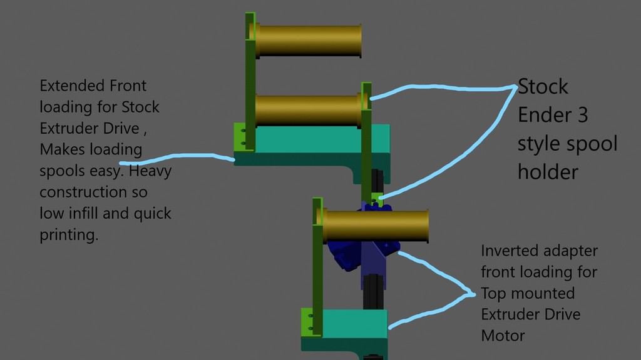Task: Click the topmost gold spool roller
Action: coord(308,41)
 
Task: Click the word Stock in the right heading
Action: coord(543,86)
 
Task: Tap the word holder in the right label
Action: coord(548,172)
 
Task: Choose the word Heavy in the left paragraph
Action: coord(150,171)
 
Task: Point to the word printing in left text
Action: coord(69,235)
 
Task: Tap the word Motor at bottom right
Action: coord(503,336)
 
